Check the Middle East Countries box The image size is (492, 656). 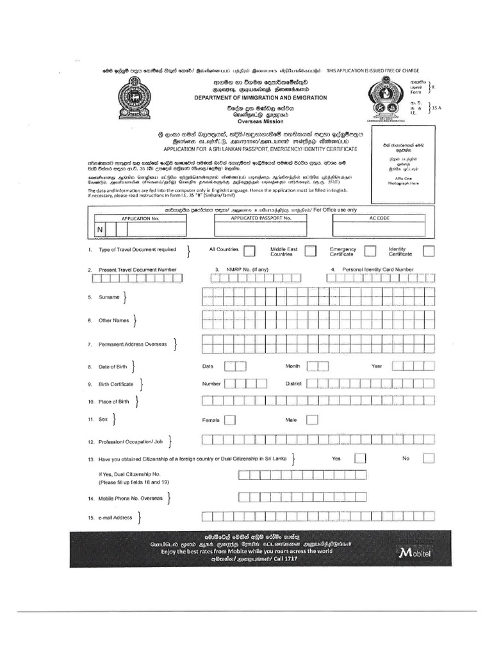(x=310, y=251)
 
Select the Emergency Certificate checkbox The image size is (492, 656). (x=370, y=251)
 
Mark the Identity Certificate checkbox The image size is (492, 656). (x=429, y=251)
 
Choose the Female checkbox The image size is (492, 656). (x=230, y=420)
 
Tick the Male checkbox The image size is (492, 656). (x=313, y=420)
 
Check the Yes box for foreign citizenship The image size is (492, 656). (x=360, y=459)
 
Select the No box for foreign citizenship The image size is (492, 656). (x=429, y=459)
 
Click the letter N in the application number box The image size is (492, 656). (x=100, y=229)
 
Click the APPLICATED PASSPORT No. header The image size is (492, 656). (x=261, y=218)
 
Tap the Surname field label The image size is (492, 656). (x=109, y=298)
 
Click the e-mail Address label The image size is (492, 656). (x=114, y=518)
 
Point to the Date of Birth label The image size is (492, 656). (x=112, y=366)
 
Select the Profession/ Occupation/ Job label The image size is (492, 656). (x=131, y=441)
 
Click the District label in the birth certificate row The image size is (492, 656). (x=293, y=384)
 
